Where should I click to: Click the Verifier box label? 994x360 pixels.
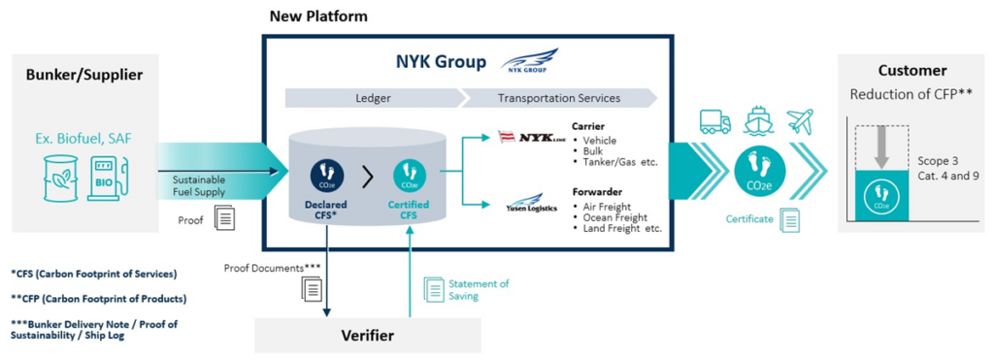(367, 335)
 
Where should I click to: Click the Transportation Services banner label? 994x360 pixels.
(557, 98)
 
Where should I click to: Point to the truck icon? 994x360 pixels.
(714, 121)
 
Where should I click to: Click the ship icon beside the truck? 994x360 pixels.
(759, 120)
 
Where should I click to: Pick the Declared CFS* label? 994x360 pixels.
(325, 209)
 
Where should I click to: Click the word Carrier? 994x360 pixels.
(589, 126)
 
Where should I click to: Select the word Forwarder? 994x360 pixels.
(596, 192)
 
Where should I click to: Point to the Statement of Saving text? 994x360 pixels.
(478, 289)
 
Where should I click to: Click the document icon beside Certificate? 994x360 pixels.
(791, 220)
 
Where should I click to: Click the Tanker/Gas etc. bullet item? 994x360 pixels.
(620, 162)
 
